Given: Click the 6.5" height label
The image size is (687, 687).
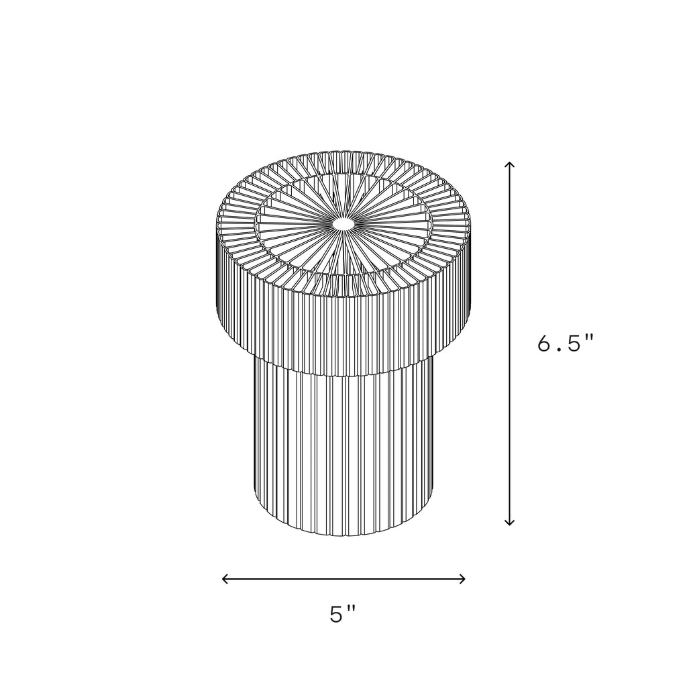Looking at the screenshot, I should click(566, 343).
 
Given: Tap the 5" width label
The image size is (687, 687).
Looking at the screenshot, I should click(343, 615).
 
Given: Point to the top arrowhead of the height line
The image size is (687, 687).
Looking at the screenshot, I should click(510, 164).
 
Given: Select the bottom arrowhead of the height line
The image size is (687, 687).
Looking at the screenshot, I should click(510, 523).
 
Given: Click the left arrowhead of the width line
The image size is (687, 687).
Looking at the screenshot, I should click(224, 578).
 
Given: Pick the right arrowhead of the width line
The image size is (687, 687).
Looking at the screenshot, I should click(463, 578).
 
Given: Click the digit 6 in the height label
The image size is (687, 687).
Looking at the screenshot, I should click(545, 343).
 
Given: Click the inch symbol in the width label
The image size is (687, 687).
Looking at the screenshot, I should click(352, 609).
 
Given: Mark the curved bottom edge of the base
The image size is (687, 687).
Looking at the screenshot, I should click(343, 535).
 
